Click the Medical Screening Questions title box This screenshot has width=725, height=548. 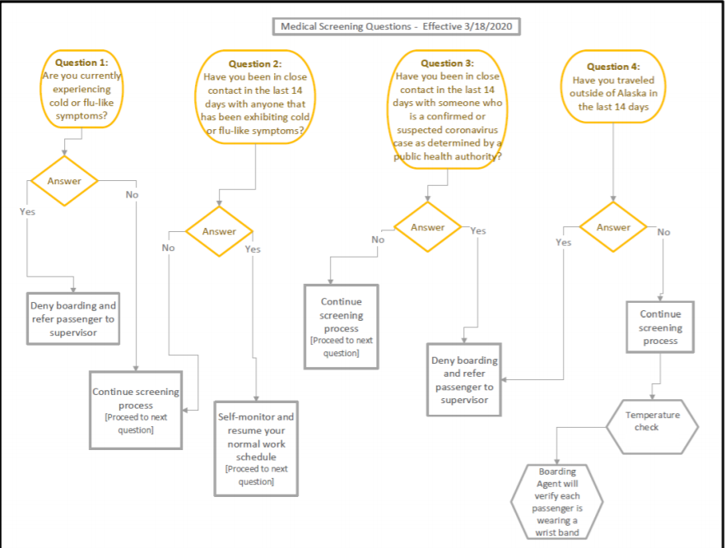[x=397, y=26]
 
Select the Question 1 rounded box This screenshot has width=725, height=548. [x=81, y=89]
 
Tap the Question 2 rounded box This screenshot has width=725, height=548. [x=255, y=97]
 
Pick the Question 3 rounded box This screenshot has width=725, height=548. [x=448, y=109]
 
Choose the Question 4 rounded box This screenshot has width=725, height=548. [x=614, y=86]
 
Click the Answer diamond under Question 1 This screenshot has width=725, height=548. [x=64, y=181]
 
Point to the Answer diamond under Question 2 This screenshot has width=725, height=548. [x=219, y=231]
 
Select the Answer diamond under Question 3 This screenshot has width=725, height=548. [x=428, y=227]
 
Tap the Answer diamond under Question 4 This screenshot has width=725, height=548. [x=614, y=227]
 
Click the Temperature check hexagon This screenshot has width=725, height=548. [x=653, y=427]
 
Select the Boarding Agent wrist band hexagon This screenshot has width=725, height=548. [x=556, y=502]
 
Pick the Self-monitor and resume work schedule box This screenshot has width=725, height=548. [x=256, y=448]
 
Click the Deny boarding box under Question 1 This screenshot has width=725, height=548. [x=73, y=318]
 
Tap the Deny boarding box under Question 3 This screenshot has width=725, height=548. [x=464, y=379]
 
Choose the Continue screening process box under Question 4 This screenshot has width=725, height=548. [x=660, y=327]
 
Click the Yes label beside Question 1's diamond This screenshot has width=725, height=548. [x=27, y=211]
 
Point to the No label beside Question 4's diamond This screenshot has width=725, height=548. [x=663, y=232]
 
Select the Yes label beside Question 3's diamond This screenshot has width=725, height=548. [x=478, y=230]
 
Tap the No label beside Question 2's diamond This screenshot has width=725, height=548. [x=169, y=248]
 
